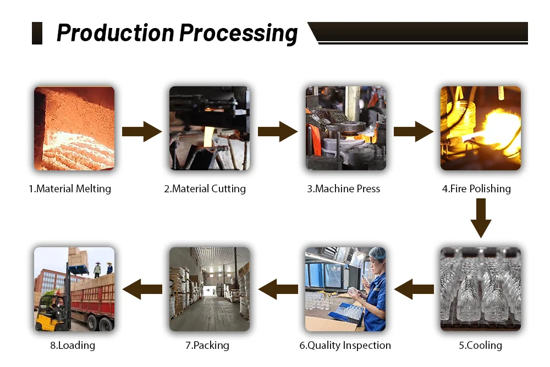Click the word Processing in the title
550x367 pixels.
click(239, 34)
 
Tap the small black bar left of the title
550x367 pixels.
click(37, 34)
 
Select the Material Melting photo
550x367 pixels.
click(74, 128)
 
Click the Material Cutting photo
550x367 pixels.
click(210, 128)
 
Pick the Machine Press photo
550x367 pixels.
click(345, 128)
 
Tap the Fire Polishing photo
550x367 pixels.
click(480, 128)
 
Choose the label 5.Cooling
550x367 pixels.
click(480, 346)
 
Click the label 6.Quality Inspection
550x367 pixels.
click(345, 346)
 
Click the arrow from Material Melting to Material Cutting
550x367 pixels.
click(142, 131)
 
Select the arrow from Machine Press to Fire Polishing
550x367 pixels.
click(413, 131)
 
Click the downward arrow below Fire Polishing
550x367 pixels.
click(480, 218)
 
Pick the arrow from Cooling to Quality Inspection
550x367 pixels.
click(413, 289)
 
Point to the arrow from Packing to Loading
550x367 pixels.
click(142, 289)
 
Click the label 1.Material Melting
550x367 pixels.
click(70, 189)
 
